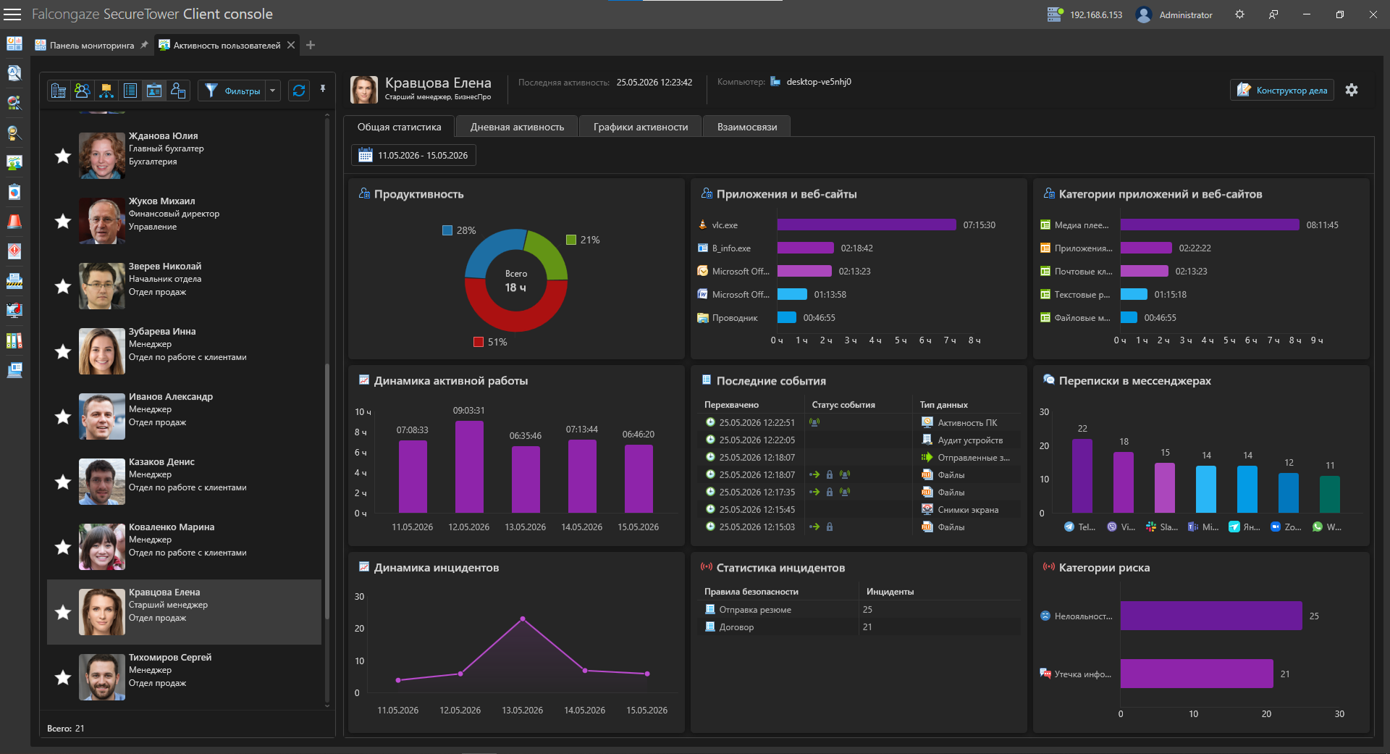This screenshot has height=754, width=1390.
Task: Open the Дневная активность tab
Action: click(517, 127)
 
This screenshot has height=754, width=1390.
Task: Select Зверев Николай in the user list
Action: click(165, 267)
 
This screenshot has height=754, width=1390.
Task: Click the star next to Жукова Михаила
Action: click(63, 221)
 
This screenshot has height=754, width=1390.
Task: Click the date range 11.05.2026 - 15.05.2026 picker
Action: click(413, 155)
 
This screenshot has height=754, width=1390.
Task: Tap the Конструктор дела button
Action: click(1281, 90)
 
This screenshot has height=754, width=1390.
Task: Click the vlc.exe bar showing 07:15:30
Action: click(866, 225)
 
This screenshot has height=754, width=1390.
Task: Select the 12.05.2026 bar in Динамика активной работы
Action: click(469, 466)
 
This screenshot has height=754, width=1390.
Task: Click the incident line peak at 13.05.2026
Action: click(523, 619)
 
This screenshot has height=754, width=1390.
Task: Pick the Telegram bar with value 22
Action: click(1082, 475)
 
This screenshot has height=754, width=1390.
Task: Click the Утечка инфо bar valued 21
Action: click(1197, 674)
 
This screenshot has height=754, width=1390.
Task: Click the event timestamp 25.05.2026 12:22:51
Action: click(757, 422)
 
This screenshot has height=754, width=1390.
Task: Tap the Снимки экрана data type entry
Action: click(968, 510)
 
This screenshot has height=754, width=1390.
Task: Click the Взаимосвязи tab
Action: click(747, 127)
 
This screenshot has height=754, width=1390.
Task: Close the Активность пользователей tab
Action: click(291, 45)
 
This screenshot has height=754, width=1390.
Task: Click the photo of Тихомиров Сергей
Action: click(102, 677)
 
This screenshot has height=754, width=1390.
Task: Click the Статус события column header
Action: click(843, 405)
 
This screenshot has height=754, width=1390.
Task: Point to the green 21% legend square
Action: click(571, 240)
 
